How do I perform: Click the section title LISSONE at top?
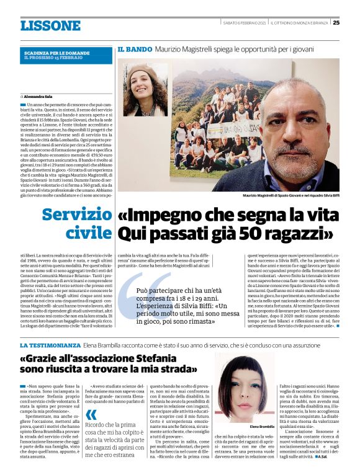pos(50,25)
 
